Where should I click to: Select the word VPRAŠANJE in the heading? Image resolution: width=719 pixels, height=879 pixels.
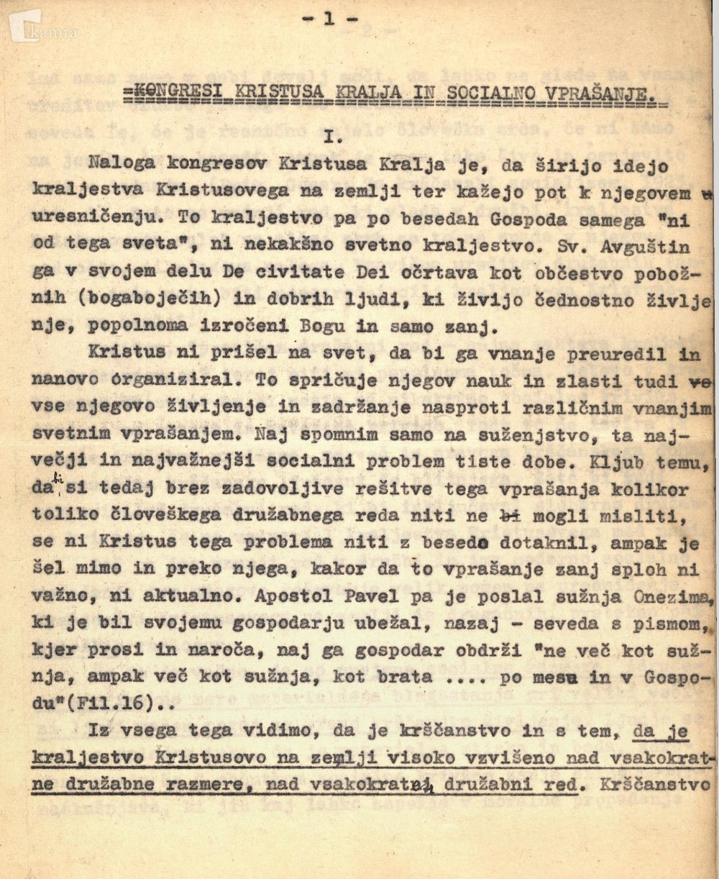pyautogui.click(x=612, y=96)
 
